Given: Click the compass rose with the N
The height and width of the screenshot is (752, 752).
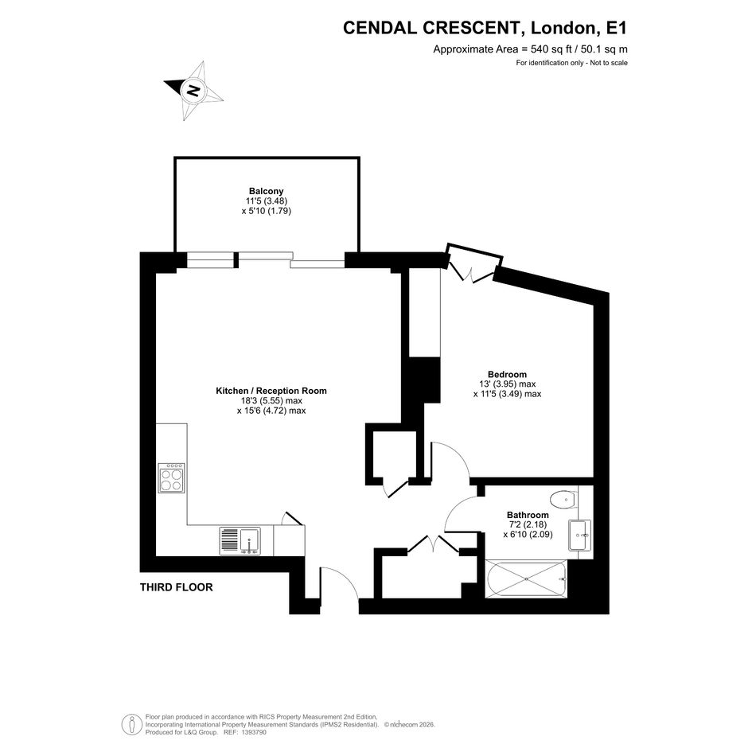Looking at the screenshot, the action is click(x=193, y=90).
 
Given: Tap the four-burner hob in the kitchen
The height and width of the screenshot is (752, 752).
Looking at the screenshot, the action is click(x=171, y=477).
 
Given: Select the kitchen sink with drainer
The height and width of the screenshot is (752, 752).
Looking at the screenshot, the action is click(x=240, y=541).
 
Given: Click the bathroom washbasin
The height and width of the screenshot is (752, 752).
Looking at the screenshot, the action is click(x=579, y=535).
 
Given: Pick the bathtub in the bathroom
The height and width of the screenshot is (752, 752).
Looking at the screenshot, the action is click(x=527, y=579).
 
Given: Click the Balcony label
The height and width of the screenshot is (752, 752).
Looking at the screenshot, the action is click(x=266, y=191).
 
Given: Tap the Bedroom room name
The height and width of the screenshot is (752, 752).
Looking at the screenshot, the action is click(x=507, y=374).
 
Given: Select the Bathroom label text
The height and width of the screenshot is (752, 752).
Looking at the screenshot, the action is click(x=528, y=515).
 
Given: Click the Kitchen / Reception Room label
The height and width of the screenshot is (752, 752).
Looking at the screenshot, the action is click(x=271, y=391).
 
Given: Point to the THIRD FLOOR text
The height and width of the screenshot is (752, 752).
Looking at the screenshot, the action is click(x=176, y=587).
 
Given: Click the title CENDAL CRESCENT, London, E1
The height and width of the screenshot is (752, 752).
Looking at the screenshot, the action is click(x=485, y=28).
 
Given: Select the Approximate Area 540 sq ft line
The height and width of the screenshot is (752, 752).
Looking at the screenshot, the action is click(x=530, y=49).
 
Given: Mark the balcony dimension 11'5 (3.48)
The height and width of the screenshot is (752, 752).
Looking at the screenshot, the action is click(x=266, y=201).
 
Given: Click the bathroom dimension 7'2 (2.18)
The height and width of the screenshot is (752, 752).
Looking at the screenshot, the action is click(x=528, y=524).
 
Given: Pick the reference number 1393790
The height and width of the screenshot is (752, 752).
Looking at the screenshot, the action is click(x=255, y=732).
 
